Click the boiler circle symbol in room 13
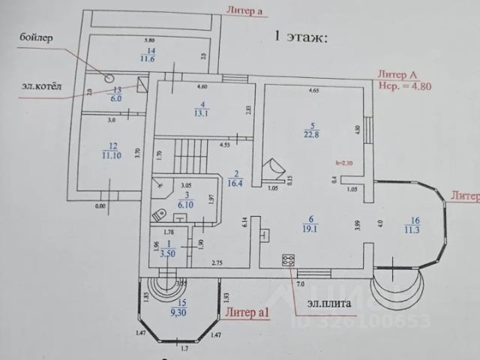[x=109, y=77]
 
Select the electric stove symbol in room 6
[x=287, y=260]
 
